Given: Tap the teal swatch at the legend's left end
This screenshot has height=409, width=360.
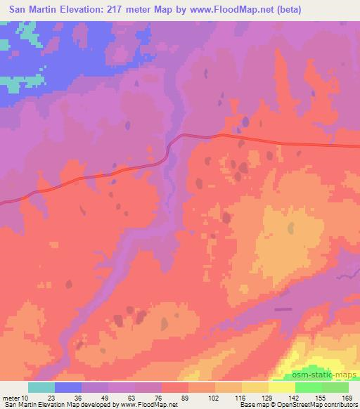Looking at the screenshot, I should (x=41, y=387).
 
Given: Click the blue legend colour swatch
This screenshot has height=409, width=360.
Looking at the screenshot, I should (x=68, y=387).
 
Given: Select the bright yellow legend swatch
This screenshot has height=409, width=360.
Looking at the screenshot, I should (x=282, y=387).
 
